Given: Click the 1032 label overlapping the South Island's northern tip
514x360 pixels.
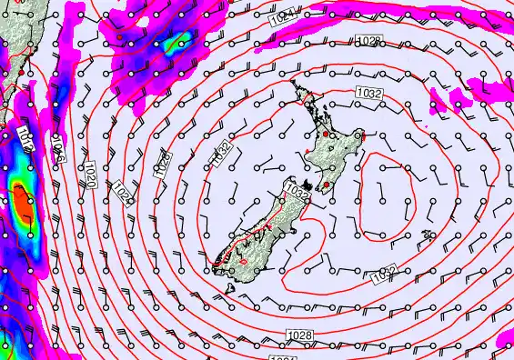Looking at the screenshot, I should coord(297,190).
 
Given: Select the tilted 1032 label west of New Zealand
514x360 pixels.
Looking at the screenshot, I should coord(223,155).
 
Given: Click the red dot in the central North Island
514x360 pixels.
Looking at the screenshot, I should coord(327,134).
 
